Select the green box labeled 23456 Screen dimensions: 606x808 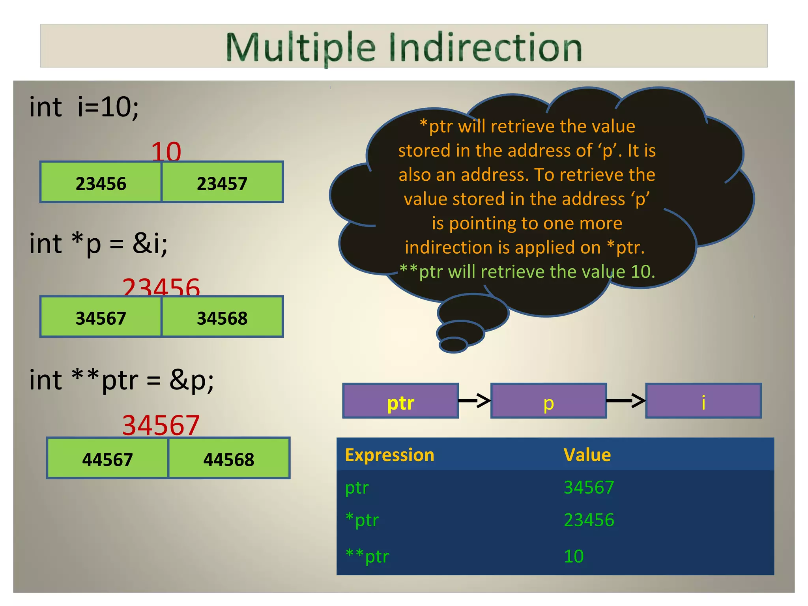[101, 182]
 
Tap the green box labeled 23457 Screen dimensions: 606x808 [222, 182]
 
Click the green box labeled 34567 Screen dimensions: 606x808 [101, 317]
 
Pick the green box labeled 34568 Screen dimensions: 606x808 [222, 317]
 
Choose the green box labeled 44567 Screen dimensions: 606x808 [107, 458]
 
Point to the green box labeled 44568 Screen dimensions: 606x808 [229, 458]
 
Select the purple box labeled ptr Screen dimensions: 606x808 [400, 401]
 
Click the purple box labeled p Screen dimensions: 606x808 [548, 401]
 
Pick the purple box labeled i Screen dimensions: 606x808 [703, 401]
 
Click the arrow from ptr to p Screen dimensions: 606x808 [475, 401]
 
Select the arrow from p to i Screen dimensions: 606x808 [626, 401]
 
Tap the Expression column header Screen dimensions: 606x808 [389, 455]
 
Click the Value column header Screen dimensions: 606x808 [587, 455]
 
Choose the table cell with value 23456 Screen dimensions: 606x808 [589, 520]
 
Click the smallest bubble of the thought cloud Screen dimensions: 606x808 [453, 345]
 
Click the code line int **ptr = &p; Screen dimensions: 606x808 [122, 380]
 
